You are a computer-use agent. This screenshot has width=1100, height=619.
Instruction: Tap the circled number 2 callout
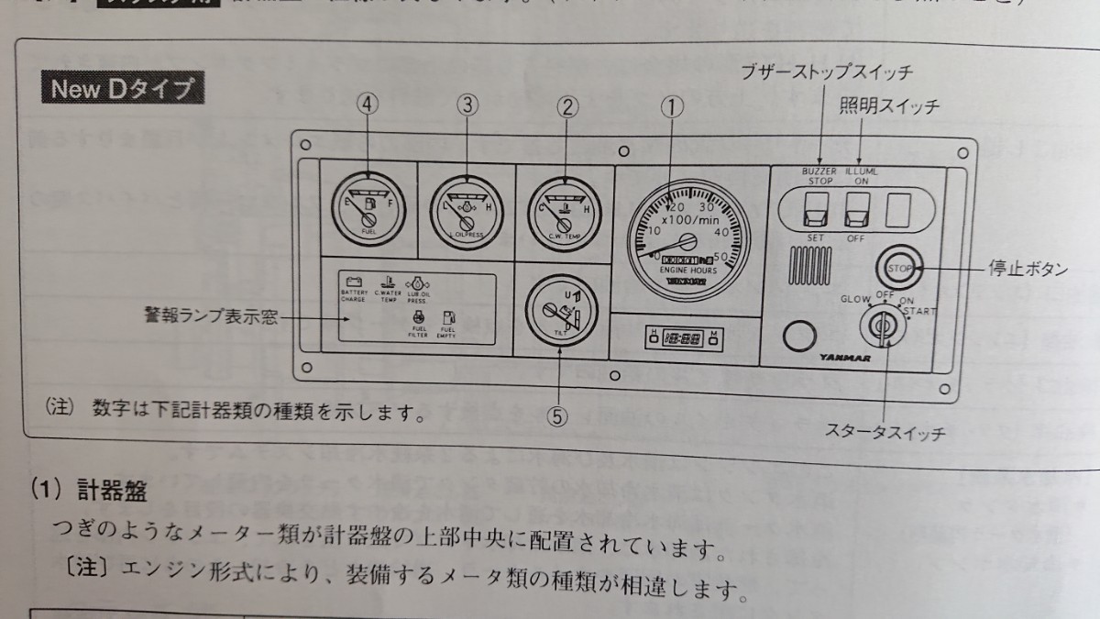pyautogui.click(x=567, y=108)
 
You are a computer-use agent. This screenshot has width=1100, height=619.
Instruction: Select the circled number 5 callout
pyautogui.click(x=556, y=415)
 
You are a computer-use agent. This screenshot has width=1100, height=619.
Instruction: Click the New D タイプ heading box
pyautogui.click(x=122, y=89)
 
